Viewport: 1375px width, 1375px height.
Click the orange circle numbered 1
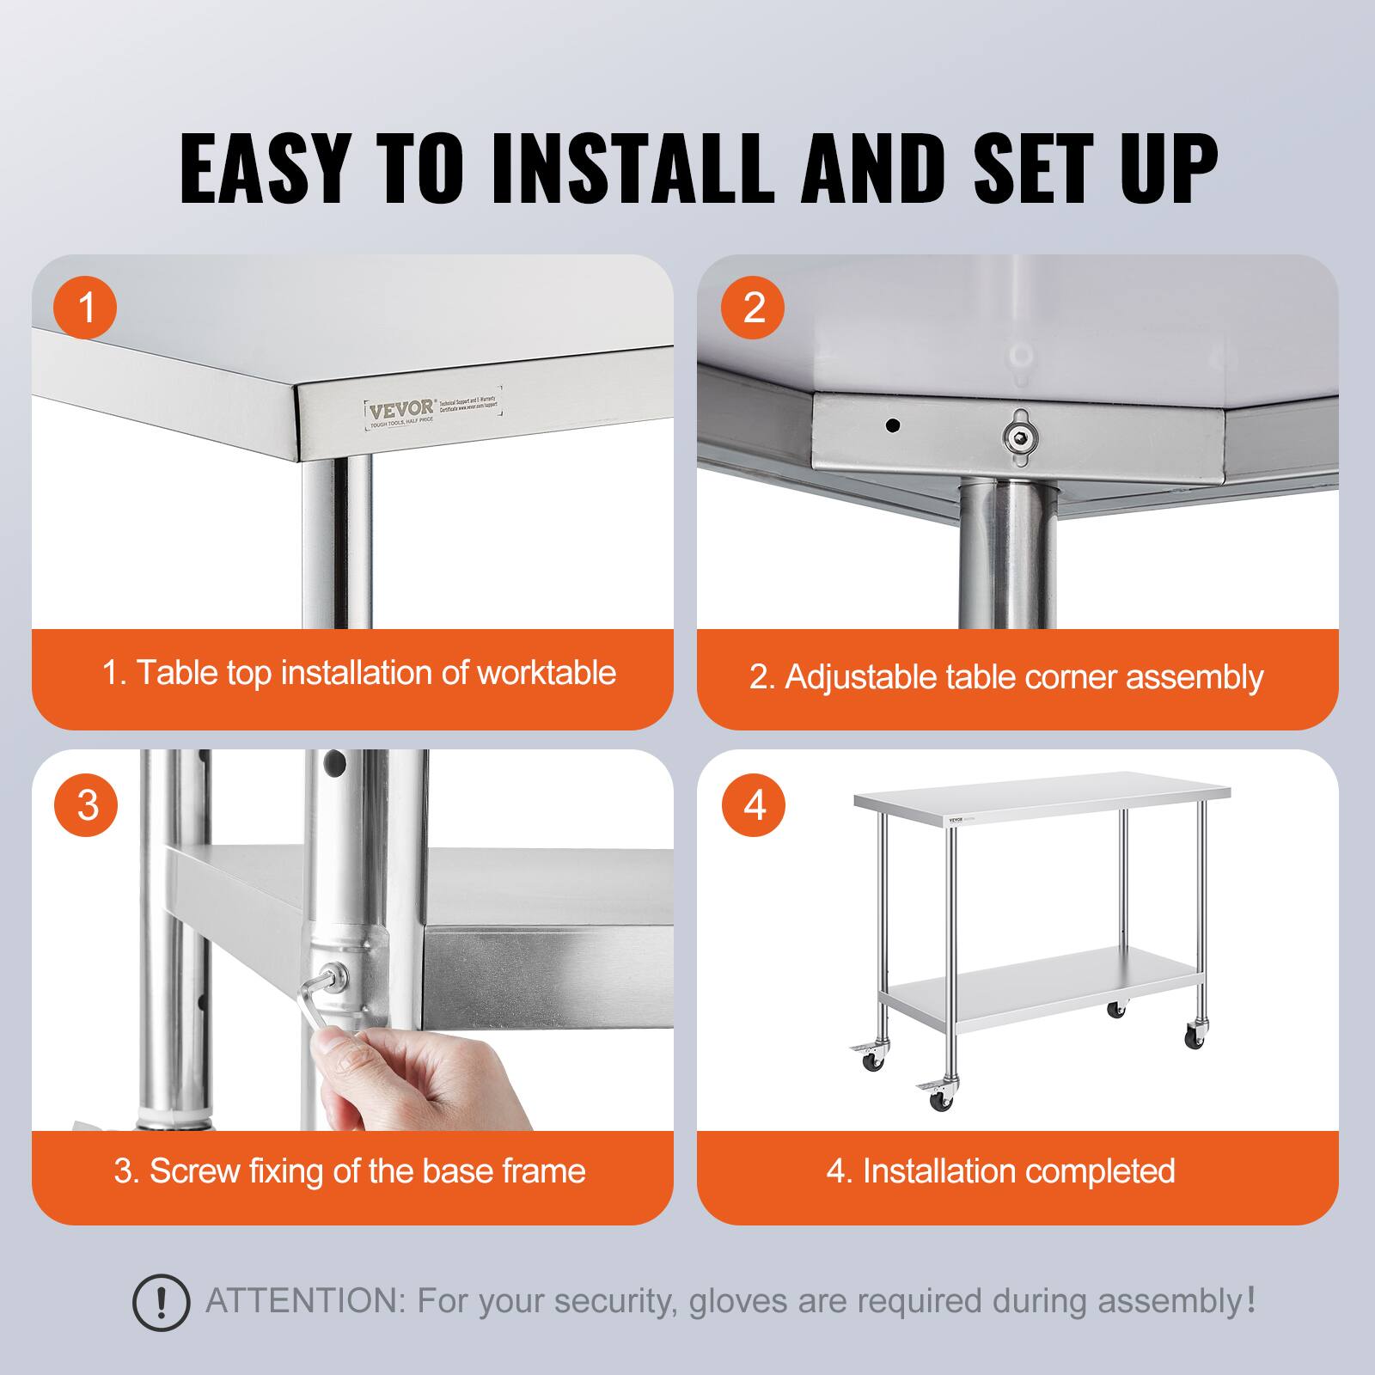(86, 307)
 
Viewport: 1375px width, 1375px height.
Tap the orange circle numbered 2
(754, 307)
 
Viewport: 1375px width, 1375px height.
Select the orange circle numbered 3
(86, 805)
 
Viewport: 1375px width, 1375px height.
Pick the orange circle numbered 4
(754, 805)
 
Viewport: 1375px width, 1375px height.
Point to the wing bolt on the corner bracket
(1019, 437)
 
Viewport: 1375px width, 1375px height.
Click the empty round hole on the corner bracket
(893, 425)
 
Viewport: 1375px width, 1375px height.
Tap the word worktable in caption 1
(546, 673)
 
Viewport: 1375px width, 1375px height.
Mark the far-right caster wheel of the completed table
(1195, 1037)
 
